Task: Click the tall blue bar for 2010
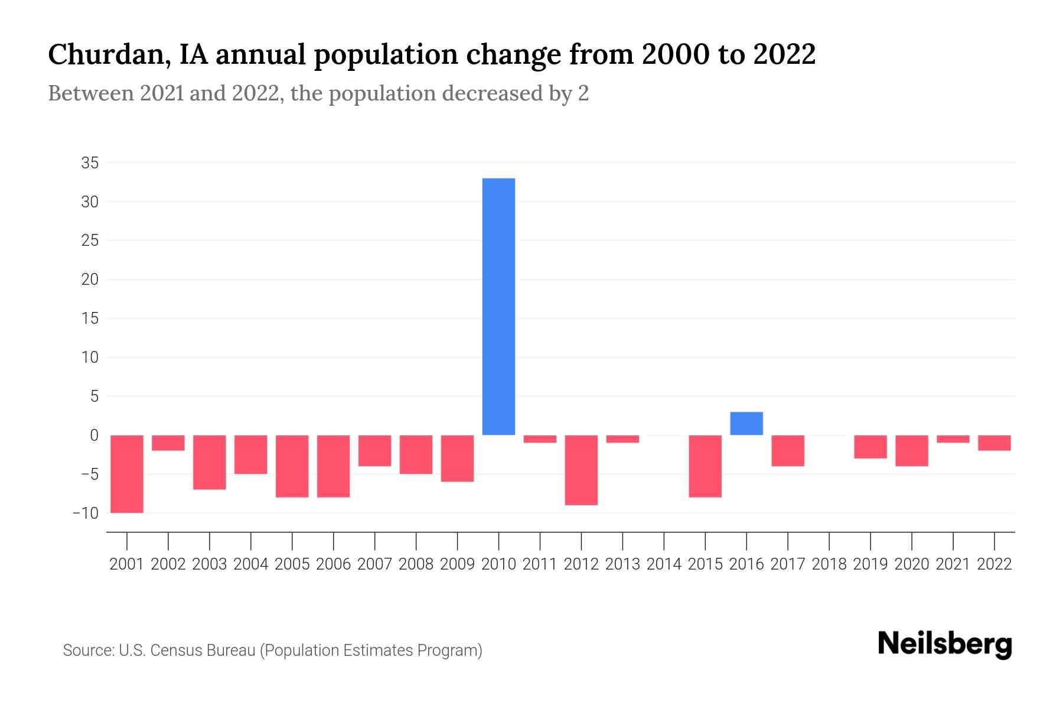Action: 498,306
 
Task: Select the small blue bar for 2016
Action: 746,423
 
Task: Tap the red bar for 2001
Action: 127,474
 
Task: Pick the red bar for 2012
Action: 581,470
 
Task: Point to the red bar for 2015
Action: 705,466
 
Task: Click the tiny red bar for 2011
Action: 540,439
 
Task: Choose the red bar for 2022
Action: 994,443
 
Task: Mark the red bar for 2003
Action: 210,462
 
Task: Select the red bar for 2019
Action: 870,447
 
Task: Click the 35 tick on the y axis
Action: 90,163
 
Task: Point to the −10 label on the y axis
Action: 85,513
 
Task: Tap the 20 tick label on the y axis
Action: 90,279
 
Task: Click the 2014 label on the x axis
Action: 664,564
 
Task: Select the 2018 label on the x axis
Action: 829,564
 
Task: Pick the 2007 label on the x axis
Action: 374,564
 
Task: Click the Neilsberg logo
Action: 945,644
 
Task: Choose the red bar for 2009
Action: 457,458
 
